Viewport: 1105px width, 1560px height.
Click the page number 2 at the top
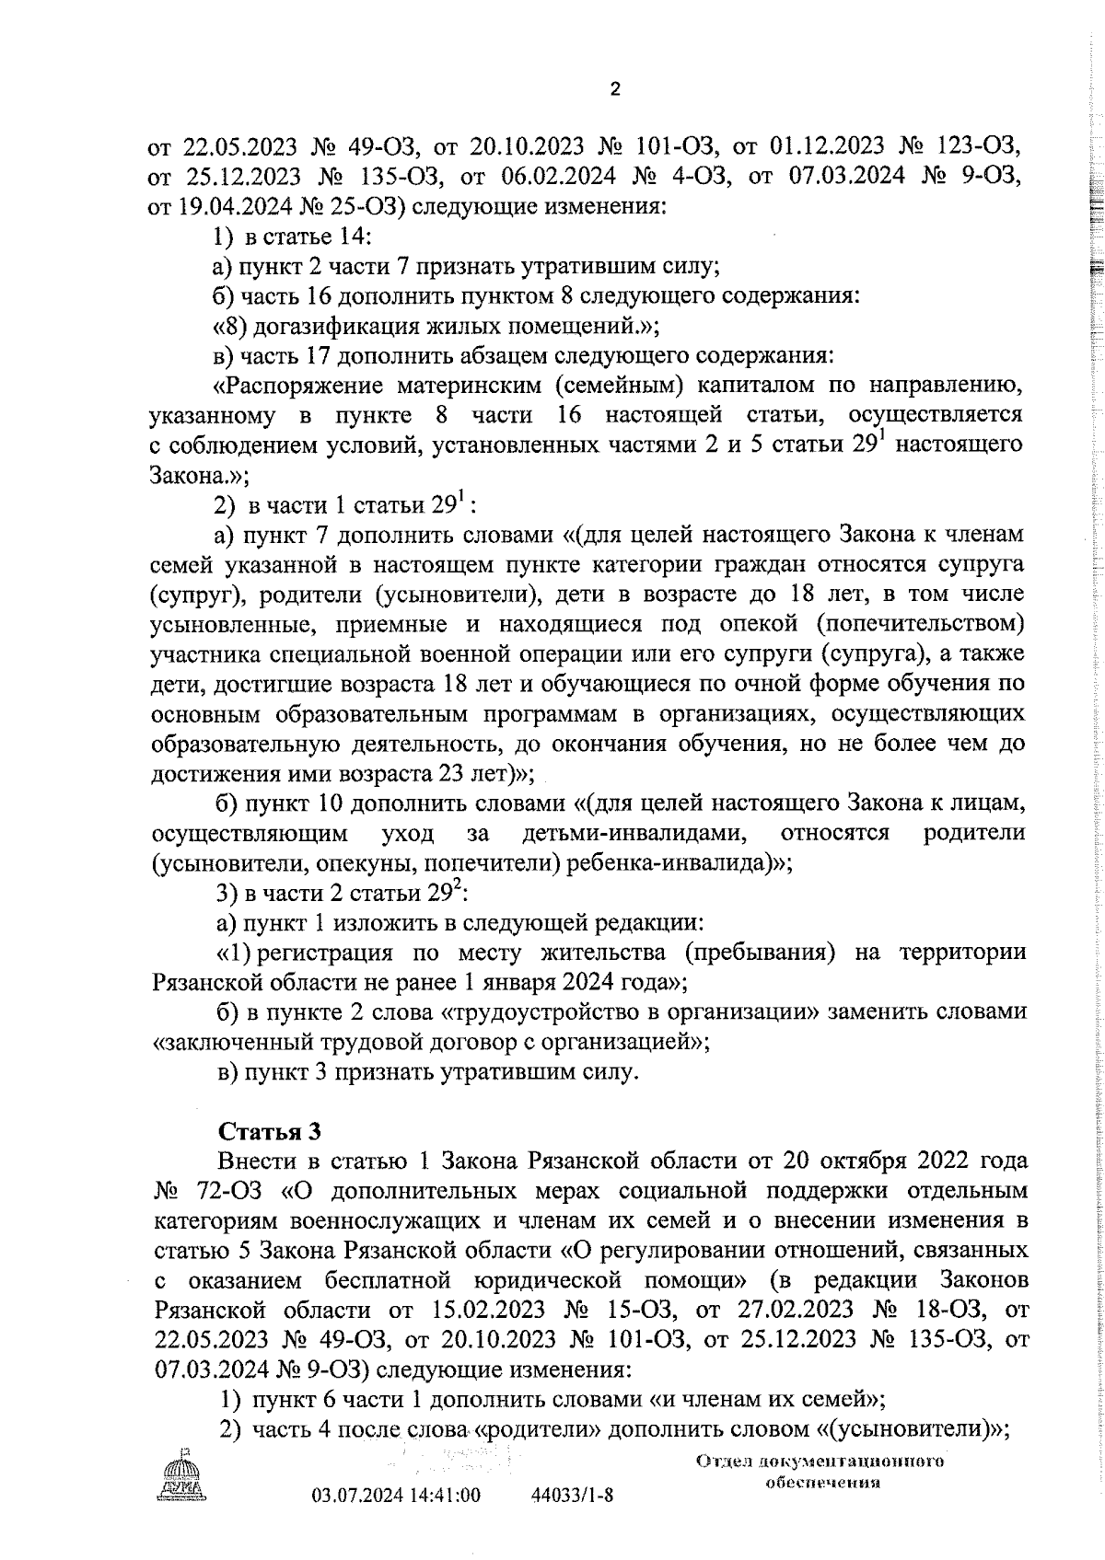[x=615, y=89]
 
